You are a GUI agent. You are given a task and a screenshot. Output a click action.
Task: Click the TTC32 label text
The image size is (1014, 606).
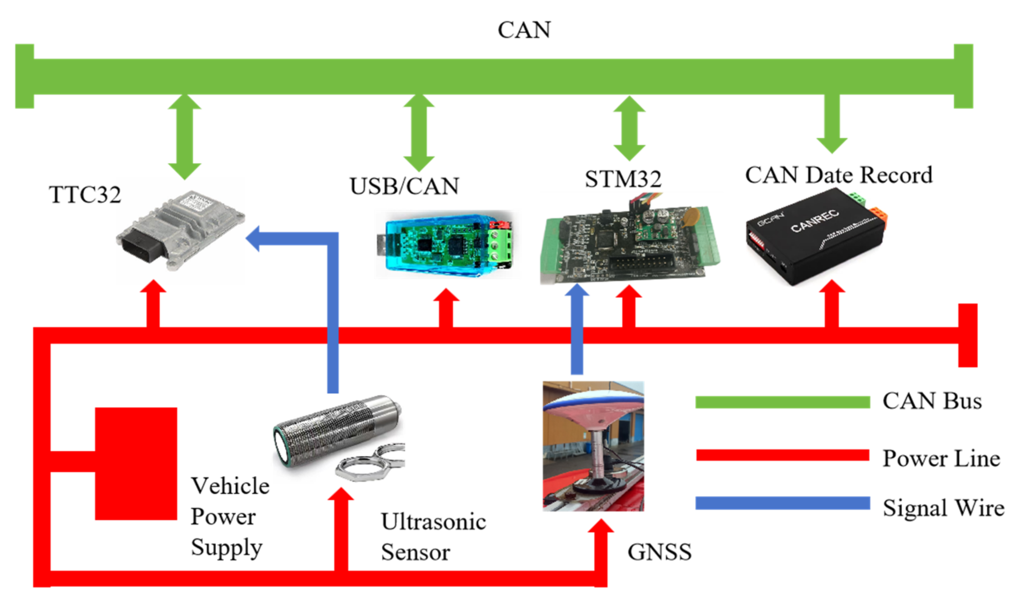85,194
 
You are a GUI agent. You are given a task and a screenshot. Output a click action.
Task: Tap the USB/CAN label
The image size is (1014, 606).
404,186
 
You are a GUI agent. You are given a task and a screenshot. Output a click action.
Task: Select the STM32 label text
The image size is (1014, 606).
623,178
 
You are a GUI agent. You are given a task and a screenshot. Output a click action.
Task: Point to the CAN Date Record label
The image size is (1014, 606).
839,175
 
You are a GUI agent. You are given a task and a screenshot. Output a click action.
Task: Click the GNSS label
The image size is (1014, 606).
660,552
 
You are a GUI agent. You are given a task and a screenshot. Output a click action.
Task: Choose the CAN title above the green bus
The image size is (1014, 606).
524,30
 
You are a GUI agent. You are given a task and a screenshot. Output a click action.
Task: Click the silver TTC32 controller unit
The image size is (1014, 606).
181,231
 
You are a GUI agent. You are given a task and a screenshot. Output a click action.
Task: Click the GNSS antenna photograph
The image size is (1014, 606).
593,446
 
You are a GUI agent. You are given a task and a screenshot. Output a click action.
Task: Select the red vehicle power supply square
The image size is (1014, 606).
136,463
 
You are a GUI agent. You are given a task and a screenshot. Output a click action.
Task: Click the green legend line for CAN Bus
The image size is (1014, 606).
782,402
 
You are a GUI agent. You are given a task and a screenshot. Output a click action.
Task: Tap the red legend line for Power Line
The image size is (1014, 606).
782,455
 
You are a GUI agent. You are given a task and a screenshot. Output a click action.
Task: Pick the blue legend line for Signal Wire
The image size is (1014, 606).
782,503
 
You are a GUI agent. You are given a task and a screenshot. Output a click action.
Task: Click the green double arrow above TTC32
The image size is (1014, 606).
184,136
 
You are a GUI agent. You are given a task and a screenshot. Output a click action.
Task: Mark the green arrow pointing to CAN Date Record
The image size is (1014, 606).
832,124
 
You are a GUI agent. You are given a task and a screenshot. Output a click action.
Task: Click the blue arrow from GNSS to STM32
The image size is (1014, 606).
577,329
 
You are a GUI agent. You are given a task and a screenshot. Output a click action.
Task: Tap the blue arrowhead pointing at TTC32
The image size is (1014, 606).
252,239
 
